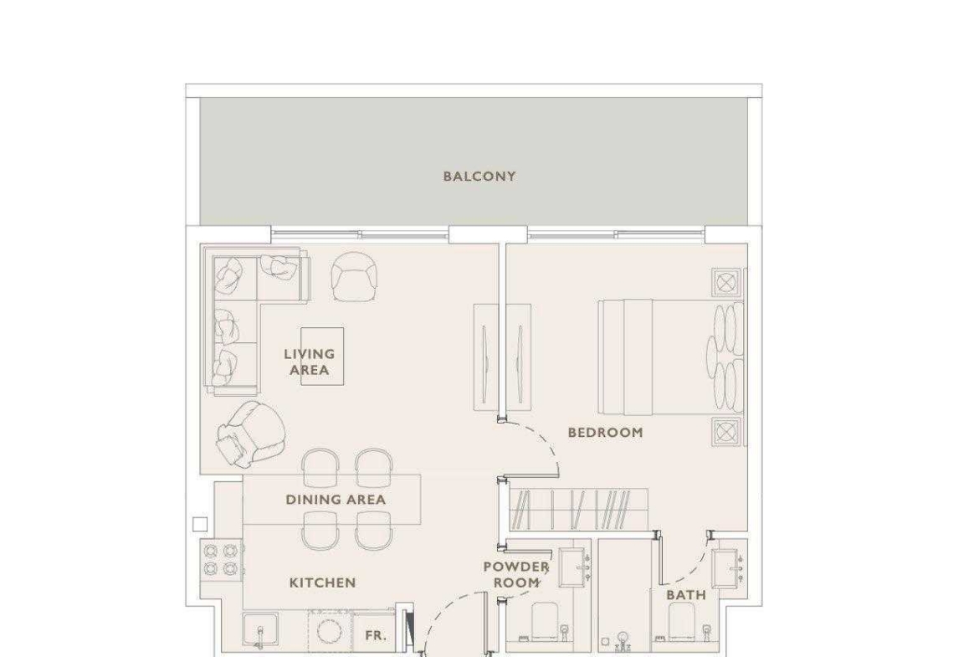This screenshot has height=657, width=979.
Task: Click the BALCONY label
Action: point(479,176)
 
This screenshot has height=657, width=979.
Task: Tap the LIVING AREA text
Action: point(309,362)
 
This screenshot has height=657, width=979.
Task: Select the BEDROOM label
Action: point(605,432)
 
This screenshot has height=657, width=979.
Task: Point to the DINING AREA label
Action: point(336,500)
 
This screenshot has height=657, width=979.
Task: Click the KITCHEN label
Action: point(322,583)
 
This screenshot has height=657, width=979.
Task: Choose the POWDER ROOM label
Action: point(516,575)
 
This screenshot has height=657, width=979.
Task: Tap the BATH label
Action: point(685,595)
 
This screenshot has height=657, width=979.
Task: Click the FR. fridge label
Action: point(375,636)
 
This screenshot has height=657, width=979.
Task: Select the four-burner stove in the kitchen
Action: point(222,560)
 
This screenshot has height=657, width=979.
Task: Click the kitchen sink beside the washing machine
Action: point(260,632)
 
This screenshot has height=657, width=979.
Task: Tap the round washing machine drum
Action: point(329,631)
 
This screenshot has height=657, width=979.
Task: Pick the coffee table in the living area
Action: point(322,356)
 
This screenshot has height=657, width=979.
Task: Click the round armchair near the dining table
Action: point(251,434)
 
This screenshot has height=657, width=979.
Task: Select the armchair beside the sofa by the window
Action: point(354,276)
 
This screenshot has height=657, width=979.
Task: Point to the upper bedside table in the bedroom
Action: point(726,283)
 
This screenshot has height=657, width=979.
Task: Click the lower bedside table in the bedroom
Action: point(726,432)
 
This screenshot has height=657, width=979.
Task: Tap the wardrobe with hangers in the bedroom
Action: point(579,510)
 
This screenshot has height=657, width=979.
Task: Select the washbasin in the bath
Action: point(728,568)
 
